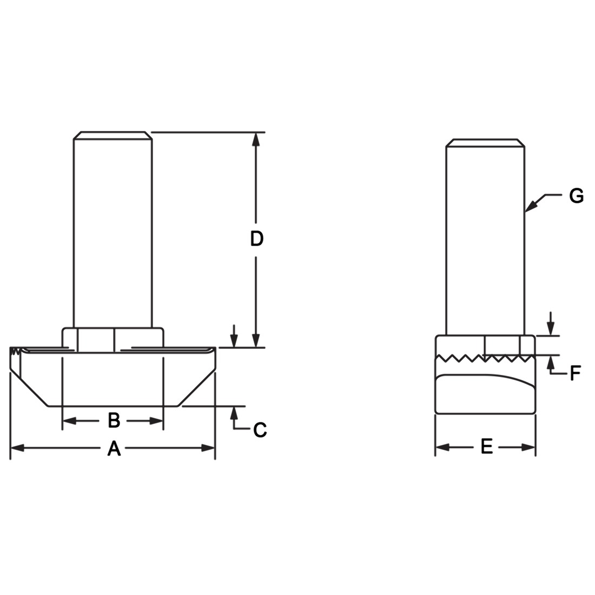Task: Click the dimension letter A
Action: click(x=114, y=448)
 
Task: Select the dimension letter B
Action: click(x=114, y=420)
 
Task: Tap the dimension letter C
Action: click(x=260, y=430)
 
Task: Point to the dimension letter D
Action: click(x=257, y=239)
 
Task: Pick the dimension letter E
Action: click(x=486, y=447)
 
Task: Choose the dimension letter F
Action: click(x=576, y=373)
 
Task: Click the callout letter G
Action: click(x=577, y=196)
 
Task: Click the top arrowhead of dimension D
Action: click(x=256, y=139)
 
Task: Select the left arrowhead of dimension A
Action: click(x=17, y=448)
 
